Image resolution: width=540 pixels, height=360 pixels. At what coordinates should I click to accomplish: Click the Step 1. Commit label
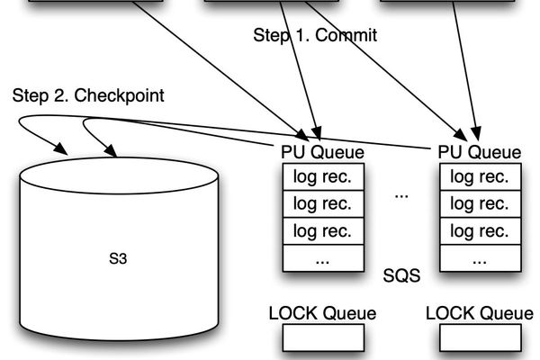pyautogui.click(x=313, y=36)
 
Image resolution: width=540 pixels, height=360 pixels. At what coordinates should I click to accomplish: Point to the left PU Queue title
pyautogui.click(x=323, y=151)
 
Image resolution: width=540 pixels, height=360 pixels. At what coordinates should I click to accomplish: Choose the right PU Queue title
pyautogui.click(x=479, y=151)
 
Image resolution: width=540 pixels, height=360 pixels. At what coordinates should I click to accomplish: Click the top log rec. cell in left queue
pyautogui.click(x=323, y=176)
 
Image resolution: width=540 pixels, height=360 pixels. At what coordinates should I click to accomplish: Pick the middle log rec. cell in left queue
pyautogui.click(x=323, y=203)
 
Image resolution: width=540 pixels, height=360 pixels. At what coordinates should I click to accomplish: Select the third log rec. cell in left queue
pyautogui.click(x=323, y=230)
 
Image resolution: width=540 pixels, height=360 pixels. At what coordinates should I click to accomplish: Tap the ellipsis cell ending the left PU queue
pyautogui.click(x=323, y=258)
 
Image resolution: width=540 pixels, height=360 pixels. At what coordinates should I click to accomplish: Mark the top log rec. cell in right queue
pyautogui.click(x=479, y=176)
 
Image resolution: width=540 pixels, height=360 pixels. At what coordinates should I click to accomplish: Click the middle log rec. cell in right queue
pyautogui.click(x=479, y=203)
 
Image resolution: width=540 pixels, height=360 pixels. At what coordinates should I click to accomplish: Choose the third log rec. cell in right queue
pyautogui.click(x=479, y=230)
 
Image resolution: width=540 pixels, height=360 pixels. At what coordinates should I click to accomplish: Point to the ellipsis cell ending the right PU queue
pyautogui.click(x=479, y=258)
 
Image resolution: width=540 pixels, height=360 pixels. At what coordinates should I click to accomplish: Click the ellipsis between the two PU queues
pyautogui.click(x=401, y=194)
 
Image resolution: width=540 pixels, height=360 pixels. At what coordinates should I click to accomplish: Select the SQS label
pyautogui.click(x=401, y=275)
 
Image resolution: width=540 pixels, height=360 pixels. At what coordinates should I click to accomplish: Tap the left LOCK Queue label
pyautogui.click(x=323, y=313)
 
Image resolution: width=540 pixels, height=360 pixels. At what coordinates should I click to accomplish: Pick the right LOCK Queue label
pyautogui.click(x=479, y=313)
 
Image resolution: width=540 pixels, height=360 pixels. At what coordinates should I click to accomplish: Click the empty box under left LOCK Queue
pyautogui.click(x=323, y=337)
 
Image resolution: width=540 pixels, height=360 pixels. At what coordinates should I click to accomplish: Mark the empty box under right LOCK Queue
pyautogui.click(x=479, y=337)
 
